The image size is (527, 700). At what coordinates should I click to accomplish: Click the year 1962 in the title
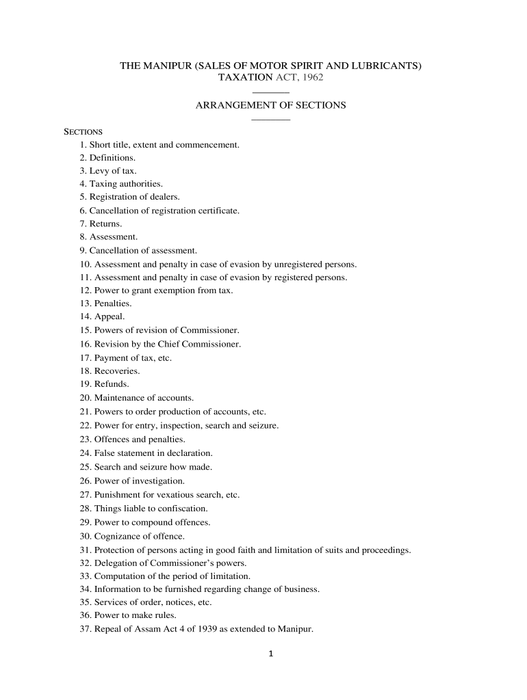(312, 78)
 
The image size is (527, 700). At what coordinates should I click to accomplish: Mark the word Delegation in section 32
(114, 563)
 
